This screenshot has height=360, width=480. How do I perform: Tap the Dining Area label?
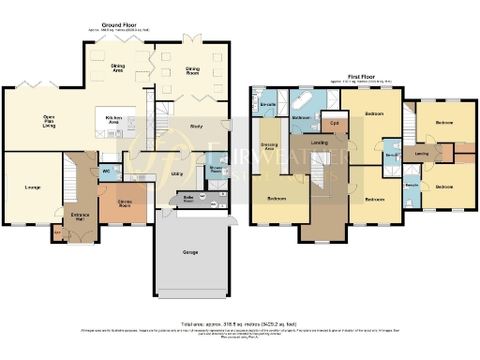click(x=120, y=68)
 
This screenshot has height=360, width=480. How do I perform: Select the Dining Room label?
click(x=192, y=68)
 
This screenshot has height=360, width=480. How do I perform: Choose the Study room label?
click(x=196, y=126)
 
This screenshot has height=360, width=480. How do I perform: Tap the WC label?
click(x=106, y=172)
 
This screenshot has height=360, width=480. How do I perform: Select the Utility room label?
click(x=176, y=173)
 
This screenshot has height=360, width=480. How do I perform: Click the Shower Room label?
click(x=215, y=171)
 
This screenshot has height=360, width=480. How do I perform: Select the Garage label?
click(x=190, y=252)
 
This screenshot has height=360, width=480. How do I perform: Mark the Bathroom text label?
click(x=301, y=118)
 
